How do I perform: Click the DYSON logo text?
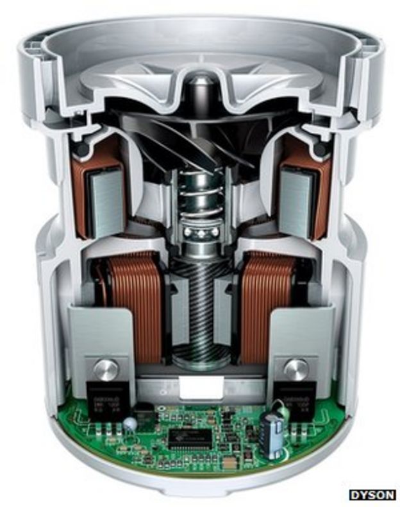(372, 494)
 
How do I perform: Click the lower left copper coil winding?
(131, 302)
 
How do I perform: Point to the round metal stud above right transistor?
(296, 369)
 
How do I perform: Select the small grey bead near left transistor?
(130, 424)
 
